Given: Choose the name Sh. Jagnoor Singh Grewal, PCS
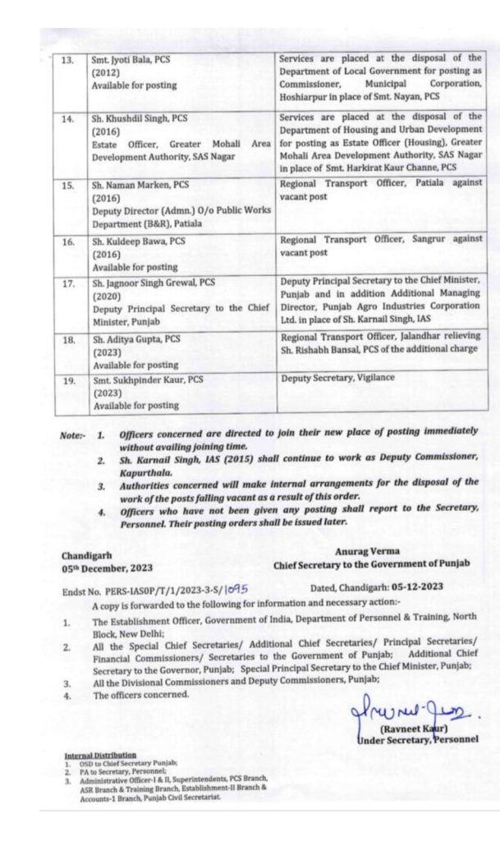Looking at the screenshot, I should (x=153, y=283).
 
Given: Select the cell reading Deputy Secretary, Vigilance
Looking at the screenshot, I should (x=337, y=378).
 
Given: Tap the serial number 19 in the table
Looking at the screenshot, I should (x=68, y=380).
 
